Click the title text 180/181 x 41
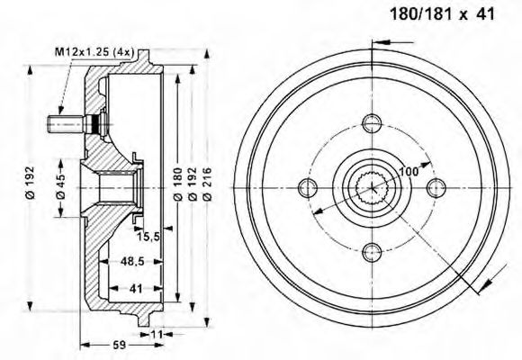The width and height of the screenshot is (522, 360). point(441,14)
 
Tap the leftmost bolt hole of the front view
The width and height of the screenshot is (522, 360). point(308,187)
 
